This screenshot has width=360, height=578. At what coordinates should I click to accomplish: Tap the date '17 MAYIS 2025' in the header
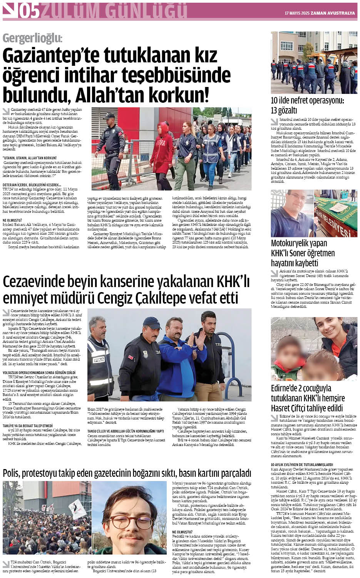(x=297, y=13)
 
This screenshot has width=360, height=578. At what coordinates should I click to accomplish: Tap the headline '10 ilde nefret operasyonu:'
(x=307, y=101)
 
